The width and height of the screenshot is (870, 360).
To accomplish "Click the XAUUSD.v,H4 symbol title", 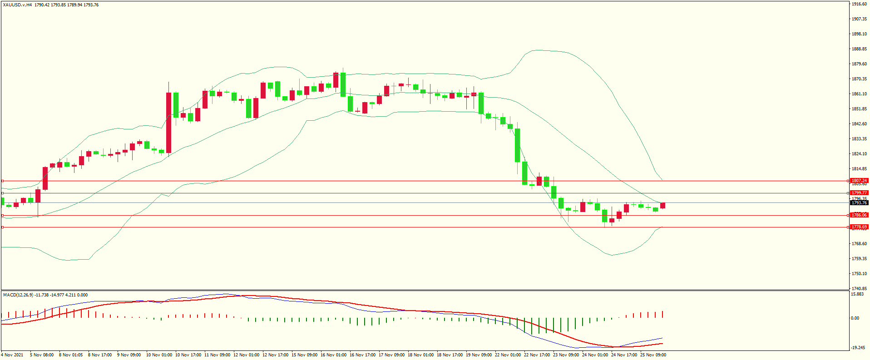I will pyautogui.click(x=17, y=5).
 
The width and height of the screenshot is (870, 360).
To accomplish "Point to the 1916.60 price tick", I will pyautogui.click(x=859, y=4).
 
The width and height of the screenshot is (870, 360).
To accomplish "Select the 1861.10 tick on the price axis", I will pyautogui.click(x=859, y=94).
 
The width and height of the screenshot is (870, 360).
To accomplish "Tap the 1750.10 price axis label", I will pyautogui.click(x=859, y=274).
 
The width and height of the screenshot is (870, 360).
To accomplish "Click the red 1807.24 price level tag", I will pyautogui.click(x=859, y=181).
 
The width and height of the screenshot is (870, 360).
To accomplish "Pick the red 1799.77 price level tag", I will pyautogui.click(x=859, y=193).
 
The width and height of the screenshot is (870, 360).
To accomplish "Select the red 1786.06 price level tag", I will pyautogui.click(x=859, y=215).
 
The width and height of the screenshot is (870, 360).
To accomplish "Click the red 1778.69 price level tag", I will pyautogui.click(x=859, y=227).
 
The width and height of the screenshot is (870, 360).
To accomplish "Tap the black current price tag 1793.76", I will pyautogui.click(x=859, y=203).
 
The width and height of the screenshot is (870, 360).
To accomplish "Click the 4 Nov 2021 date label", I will pyautogui.click(x=12, y=355).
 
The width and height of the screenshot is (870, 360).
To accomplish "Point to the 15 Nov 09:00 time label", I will pyautogui.click(x=304, y=355).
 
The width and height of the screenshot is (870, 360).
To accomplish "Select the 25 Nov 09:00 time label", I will pyautogui.click(x=653, y=355).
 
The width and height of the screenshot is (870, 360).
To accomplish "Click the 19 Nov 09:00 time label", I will pyautogui.click(x=479, y=355).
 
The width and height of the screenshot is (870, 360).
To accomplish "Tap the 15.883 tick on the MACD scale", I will pyautogui.click(x=857, y=294).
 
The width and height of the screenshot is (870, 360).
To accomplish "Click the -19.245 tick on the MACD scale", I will pyautogui.click(x=857, y=348).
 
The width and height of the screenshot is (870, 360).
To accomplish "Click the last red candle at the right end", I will pyautogui.click(x=663, y=206).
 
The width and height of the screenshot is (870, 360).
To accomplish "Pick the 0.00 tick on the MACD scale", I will pyautogui.click(x=855, y=318).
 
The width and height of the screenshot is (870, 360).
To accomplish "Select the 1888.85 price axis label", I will pyautogui.click(x=859, y=49).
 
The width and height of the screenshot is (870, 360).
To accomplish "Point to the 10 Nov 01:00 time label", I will pyautogui.click(x=159, y=355).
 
